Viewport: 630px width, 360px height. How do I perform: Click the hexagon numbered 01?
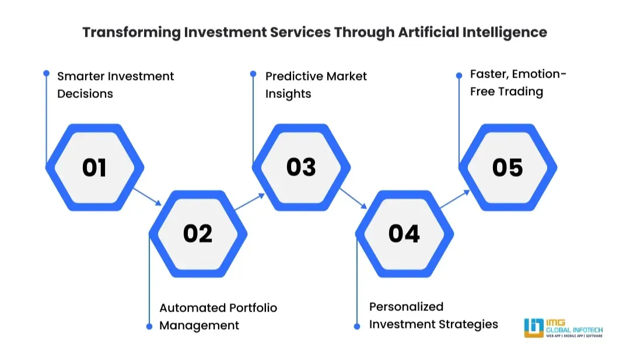[94, 168]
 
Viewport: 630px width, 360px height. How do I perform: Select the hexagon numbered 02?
[198, 234]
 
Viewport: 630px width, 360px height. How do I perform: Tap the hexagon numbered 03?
[301, 167]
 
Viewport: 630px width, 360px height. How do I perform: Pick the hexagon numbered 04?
[404, 234]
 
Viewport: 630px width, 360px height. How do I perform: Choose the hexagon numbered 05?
[508, 168]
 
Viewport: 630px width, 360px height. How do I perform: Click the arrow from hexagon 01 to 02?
[147, 196]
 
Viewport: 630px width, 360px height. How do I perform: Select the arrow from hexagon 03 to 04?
[353, 198]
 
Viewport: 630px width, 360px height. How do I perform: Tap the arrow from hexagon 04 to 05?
[455, 199]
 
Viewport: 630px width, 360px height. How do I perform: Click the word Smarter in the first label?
[80, 76]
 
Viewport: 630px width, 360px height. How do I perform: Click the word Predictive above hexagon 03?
[293, 76]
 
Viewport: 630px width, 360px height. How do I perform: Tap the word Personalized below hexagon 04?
[406, 307]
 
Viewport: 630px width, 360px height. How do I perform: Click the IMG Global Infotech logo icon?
[534, 328]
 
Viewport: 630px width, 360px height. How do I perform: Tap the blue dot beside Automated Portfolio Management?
[149, 326]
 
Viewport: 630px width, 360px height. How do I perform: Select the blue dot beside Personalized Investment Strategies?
[357, 326]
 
